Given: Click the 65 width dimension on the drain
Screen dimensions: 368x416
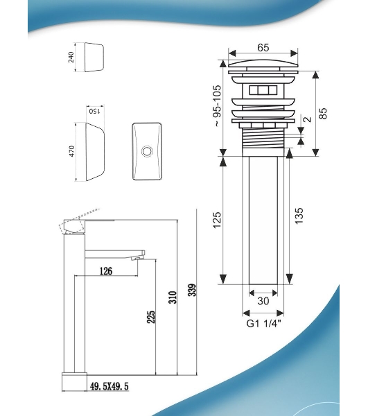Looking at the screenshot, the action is [263, 47].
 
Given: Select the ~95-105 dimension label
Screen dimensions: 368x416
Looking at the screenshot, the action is [218, 105].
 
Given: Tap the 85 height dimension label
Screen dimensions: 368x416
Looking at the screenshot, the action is [323, 113].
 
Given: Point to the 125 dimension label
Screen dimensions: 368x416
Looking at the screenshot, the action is [217, 220].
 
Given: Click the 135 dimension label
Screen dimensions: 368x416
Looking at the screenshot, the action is [299, 216].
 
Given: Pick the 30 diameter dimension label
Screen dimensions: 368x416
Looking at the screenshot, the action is [263, 301].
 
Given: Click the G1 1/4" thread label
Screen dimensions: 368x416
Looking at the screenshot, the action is [263, 324].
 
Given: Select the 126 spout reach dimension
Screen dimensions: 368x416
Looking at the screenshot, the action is [106, 271].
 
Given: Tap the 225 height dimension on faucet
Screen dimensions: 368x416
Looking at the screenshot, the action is [151, 317].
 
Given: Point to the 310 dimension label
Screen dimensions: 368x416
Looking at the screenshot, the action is [173, 297].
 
